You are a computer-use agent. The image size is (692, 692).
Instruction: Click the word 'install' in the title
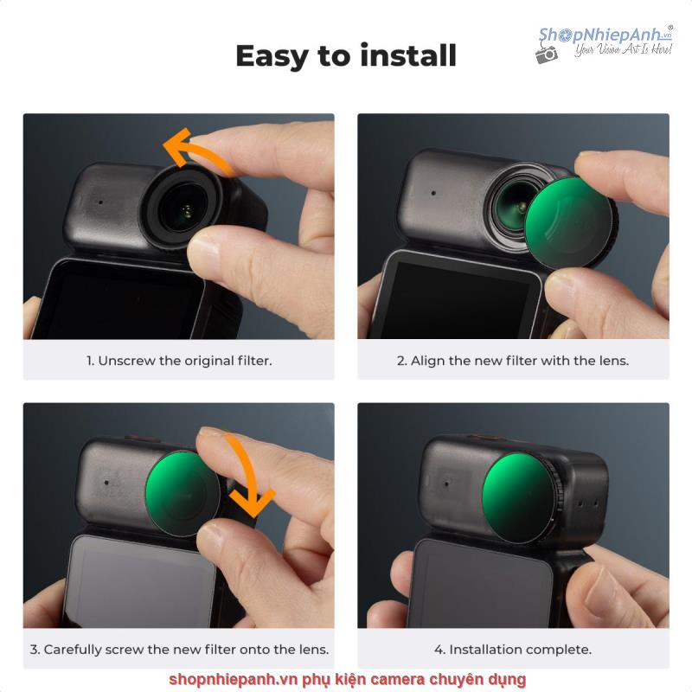tap(408, 55)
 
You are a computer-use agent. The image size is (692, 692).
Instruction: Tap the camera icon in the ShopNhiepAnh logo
tap(547, 54)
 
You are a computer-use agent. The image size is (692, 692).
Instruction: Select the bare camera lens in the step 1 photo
tap(183, 208)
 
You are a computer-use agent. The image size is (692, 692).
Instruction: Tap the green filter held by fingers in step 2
tap(569, 223)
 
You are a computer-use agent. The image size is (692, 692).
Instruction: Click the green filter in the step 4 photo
tap(518, 498)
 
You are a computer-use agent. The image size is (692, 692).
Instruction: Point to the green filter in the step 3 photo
tap(183, 493)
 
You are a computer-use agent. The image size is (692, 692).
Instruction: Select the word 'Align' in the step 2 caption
tap(427, 361)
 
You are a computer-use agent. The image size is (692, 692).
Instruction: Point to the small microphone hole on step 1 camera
tap(100, 202)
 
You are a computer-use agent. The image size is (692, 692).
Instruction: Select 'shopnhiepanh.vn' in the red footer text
tap(233, 680)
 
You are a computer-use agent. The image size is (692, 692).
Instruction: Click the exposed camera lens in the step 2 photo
tap(514, 207)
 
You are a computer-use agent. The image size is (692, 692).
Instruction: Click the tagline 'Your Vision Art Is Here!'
tap(623, 49)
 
